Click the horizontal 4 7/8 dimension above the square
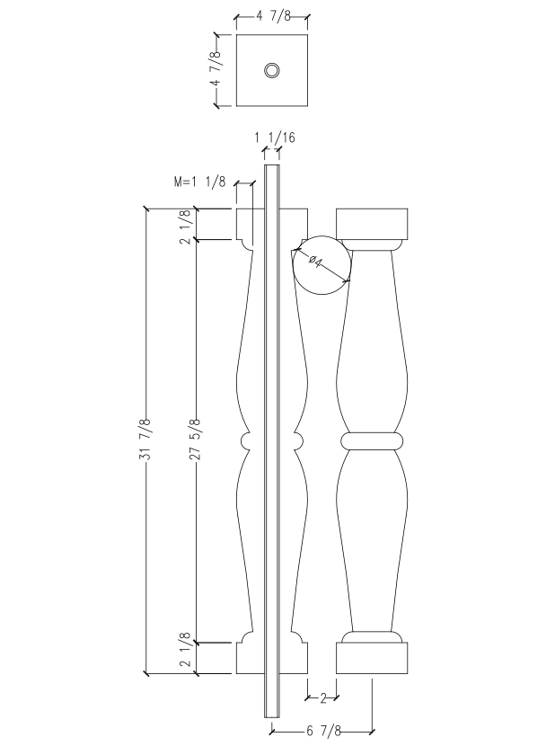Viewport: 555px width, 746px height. [x=271, y=16]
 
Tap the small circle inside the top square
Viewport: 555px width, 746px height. [x=271, y=71]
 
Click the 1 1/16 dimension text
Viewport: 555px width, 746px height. [x=274, y=138]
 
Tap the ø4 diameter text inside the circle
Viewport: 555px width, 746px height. [x=317, y=262]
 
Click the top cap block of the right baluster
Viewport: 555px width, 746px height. [x=372, y=224]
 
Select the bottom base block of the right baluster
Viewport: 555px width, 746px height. [x=372, y=658]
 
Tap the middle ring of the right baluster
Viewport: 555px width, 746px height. [x=372, y=440]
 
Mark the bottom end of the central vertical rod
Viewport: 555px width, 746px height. [x=271, y=714]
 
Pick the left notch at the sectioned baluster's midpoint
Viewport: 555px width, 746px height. [x=247, y=440]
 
